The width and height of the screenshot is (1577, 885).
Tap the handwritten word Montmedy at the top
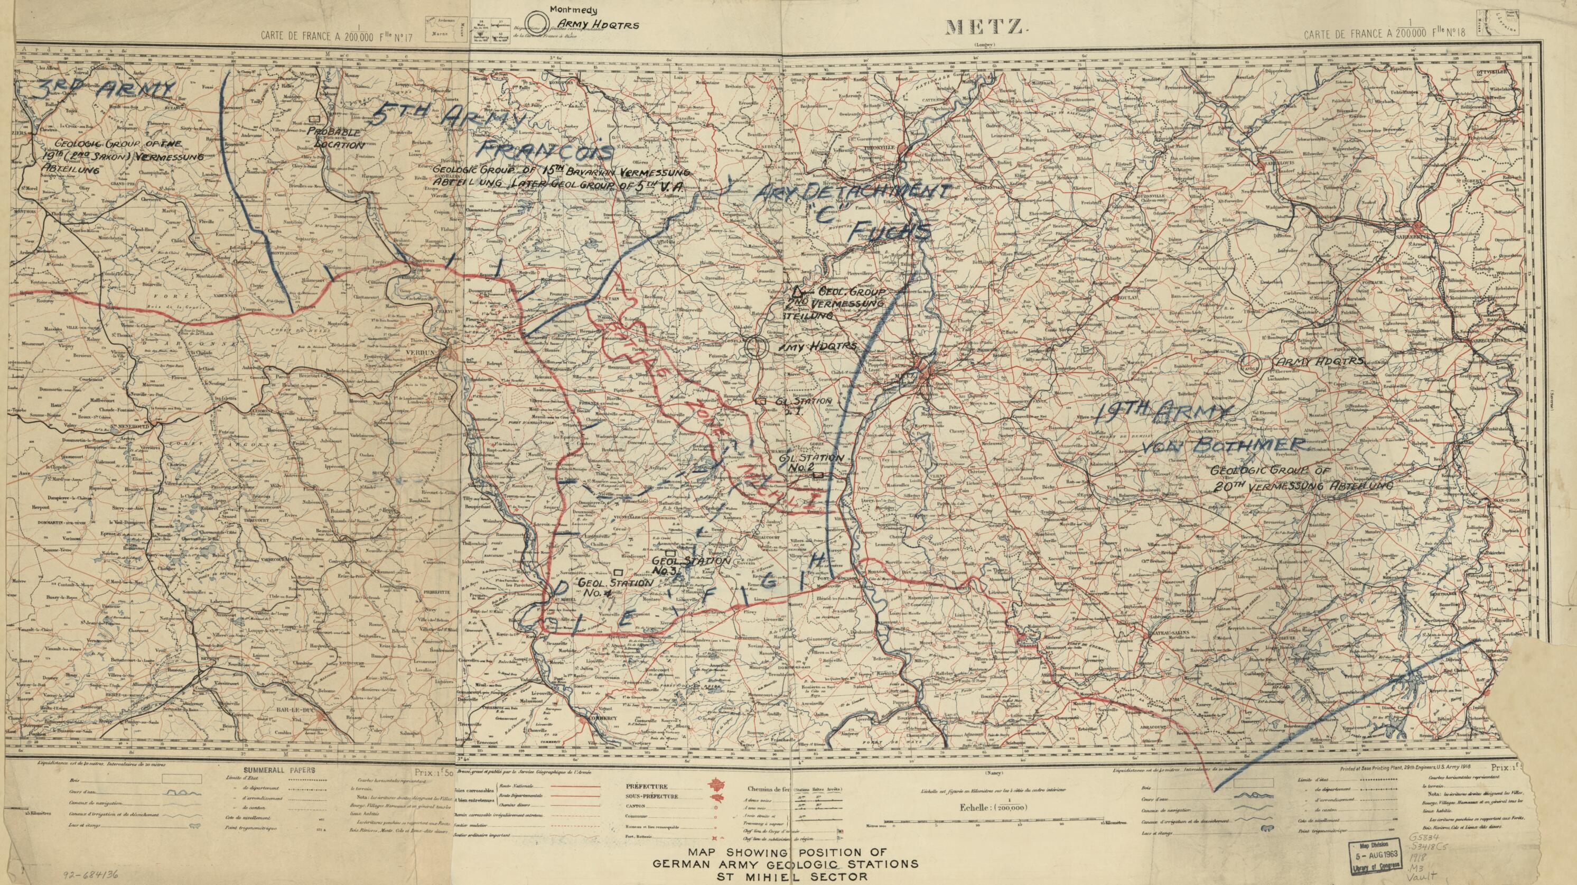[574, 10]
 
